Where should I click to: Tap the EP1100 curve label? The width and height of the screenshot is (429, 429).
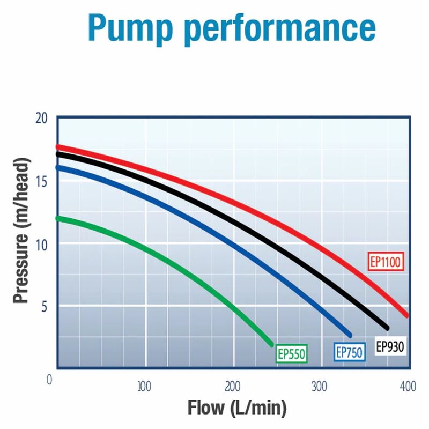click(x=386, y=263)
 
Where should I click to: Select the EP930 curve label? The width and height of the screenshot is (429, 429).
click(x=390, y=347)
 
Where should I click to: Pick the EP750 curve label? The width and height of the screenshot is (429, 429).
click(x=349, y=352)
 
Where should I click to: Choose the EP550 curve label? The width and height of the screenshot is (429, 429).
click(x=291, y=353)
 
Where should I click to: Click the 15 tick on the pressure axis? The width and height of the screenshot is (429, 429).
click(x=42, y=181)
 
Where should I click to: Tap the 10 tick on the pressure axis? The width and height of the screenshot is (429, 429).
click(x=42, y=244)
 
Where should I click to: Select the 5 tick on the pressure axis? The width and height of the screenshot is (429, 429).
click(x=45, y=307)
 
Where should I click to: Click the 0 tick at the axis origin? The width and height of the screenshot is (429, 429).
click(x=50, y=380)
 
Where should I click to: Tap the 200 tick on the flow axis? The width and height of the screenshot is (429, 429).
click(x=232, y=386)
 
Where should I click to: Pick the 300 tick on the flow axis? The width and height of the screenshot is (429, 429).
click(x=320, y=386)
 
